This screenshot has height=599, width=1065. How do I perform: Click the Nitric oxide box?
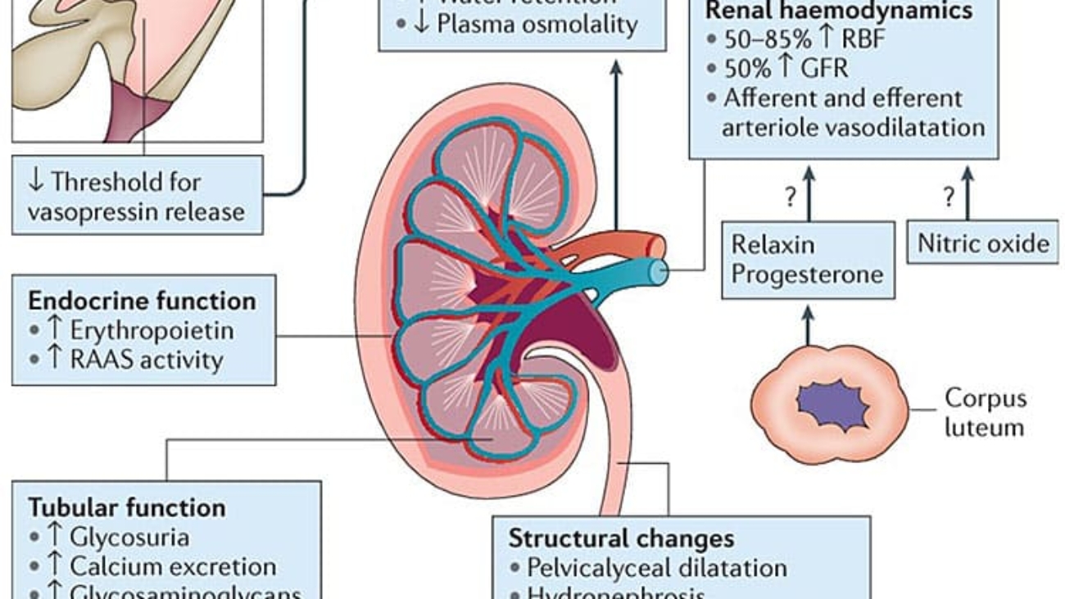coord(982,243)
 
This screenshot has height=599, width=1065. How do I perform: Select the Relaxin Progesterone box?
coord(807,259)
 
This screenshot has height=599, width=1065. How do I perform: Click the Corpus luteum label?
coord(985,412)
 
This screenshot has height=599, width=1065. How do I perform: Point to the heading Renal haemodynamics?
coord(839,11)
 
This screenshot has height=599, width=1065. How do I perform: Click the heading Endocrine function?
coord(142,301)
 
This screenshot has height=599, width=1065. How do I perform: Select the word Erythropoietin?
coord(152,330)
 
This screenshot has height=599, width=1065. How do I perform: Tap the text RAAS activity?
coord(146,359)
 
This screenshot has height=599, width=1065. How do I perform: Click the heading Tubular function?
coord(127,507)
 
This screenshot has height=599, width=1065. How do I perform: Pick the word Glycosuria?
coord(129,537)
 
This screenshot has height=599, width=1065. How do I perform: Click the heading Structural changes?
coord(620,538)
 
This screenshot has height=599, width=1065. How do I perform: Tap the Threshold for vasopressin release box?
coord(137,197)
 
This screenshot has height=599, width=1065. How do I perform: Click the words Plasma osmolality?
coord(537,24)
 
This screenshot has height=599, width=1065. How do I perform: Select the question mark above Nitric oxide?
coord(949,197)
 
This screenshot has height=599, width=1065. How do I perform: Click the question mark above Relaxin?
coord(791,197)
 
